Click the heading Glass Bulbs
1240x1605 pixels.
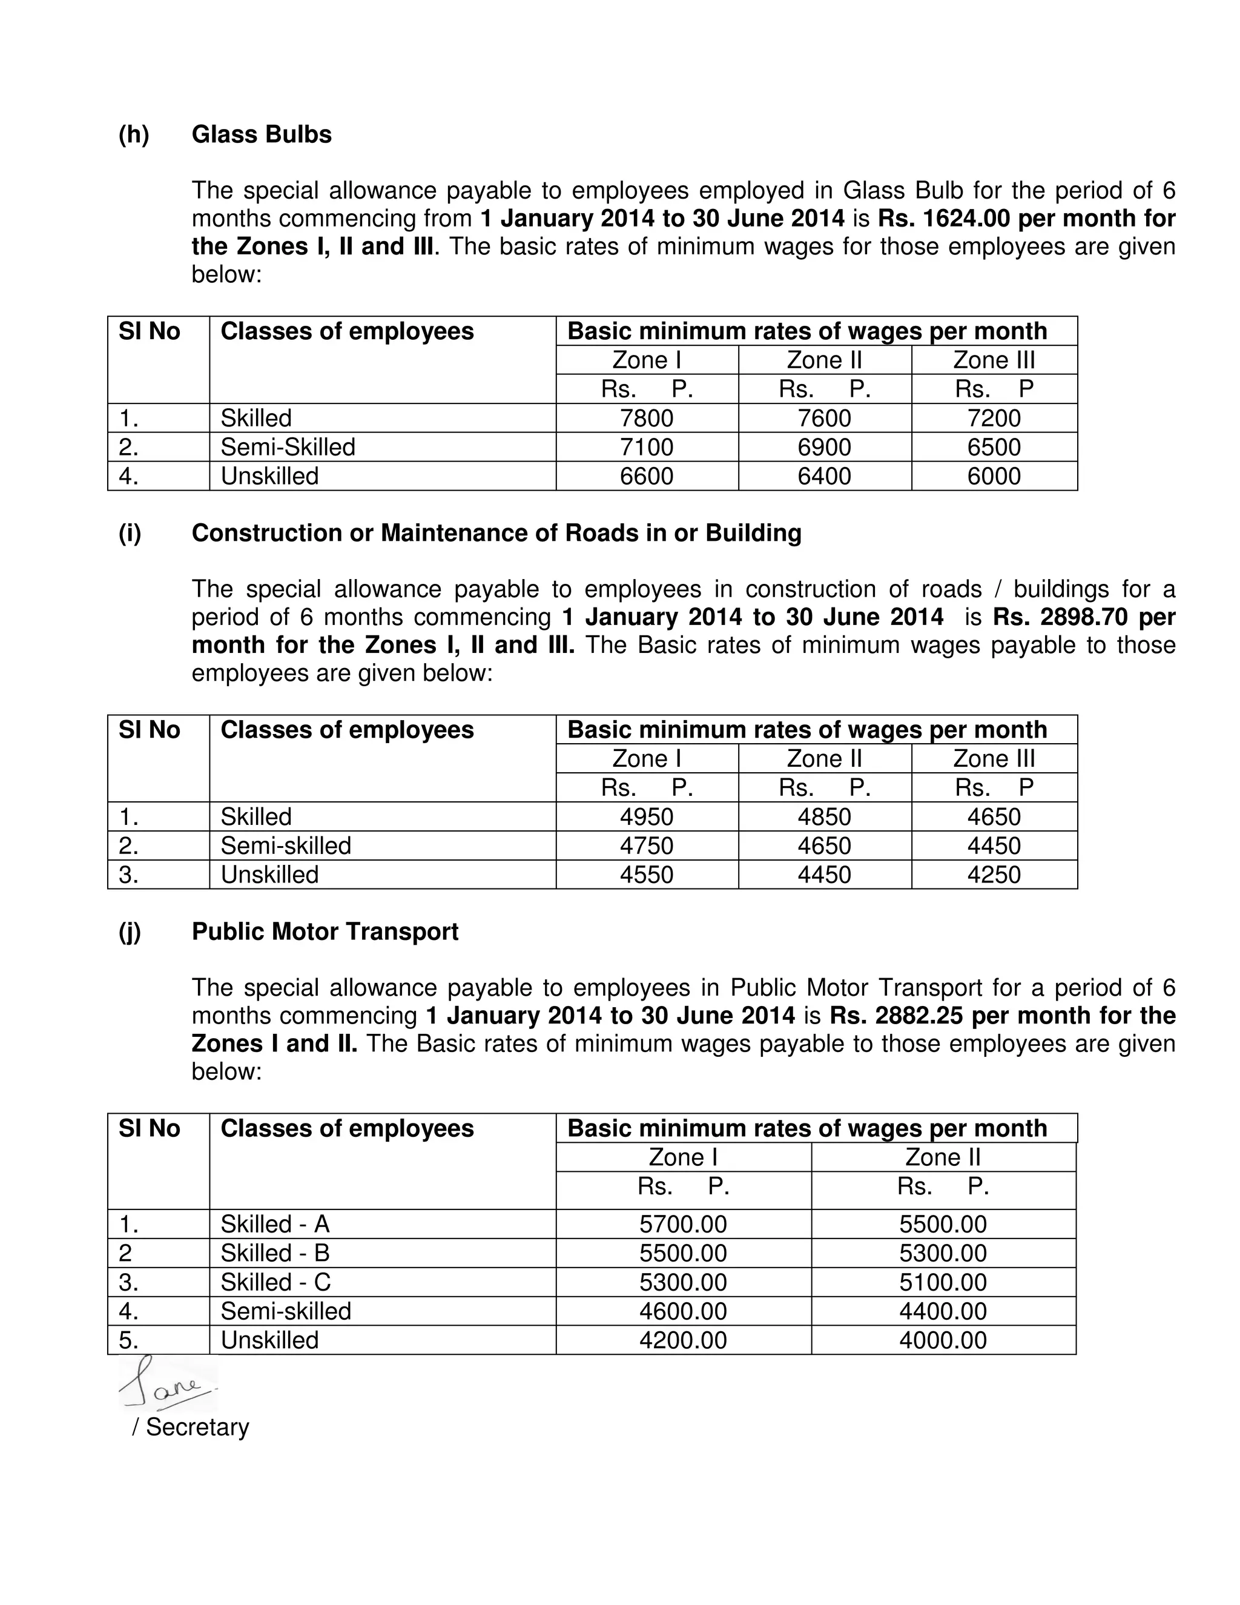[x=262, y=134]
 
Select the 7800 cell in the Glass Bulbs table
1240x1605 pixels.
[x=647, y=418]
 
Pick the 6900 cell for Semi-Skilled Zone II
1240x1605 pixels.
[x=824, y=447]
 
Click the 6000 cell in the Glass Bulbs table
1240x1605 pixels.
[x=994, y=476]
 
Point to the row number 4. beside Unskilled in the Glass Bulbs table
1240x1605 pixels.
[x=130, y=476]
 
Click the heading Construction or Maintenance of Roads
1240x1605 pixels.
[x=496, y=533]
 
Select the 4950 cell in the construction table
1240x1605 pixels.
[x=647, y=816]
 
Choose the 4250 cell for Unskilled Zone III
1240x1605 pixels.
[x=994, y=875]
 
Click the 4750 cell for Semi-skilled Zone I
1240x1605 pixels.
[x=647, y=846]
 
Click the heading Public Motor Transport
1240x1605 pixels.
[x=325, y=931]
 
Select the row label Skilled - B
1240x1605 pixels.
[x=275, y=1253]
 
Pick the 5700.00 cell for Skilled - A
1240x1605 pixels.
[x=683, y=1224]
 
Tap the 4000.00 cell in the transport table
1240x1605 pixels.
[x=943, y=1340]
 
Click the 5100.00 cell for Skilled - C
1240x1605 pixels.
[x=943, y=1282]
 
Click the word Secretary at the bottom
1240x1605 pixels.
[x=197, y=1427]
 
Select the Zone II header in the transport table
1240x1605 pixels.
[x=943, y=1157]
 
